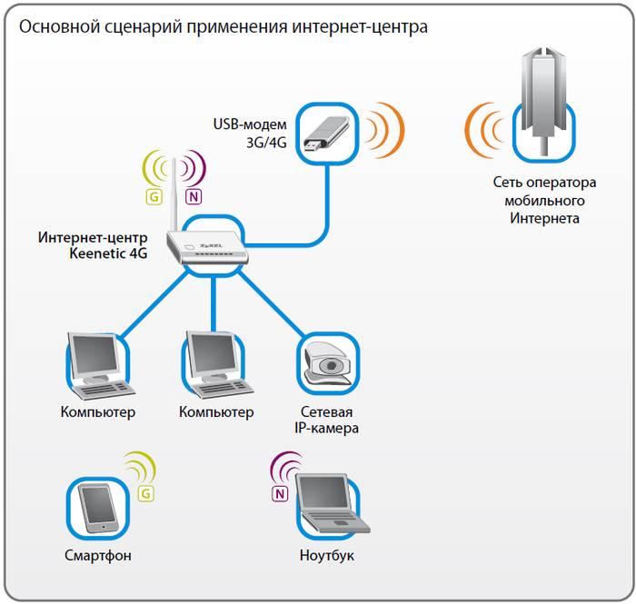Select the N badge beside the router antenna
[194, 195]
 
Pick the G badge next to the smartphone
[145, 493]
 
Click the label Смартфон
[98, 555]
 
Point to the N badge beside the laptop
[280, 494]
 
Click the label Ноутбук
[327, 555]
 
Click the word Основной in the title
[58, 26]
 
